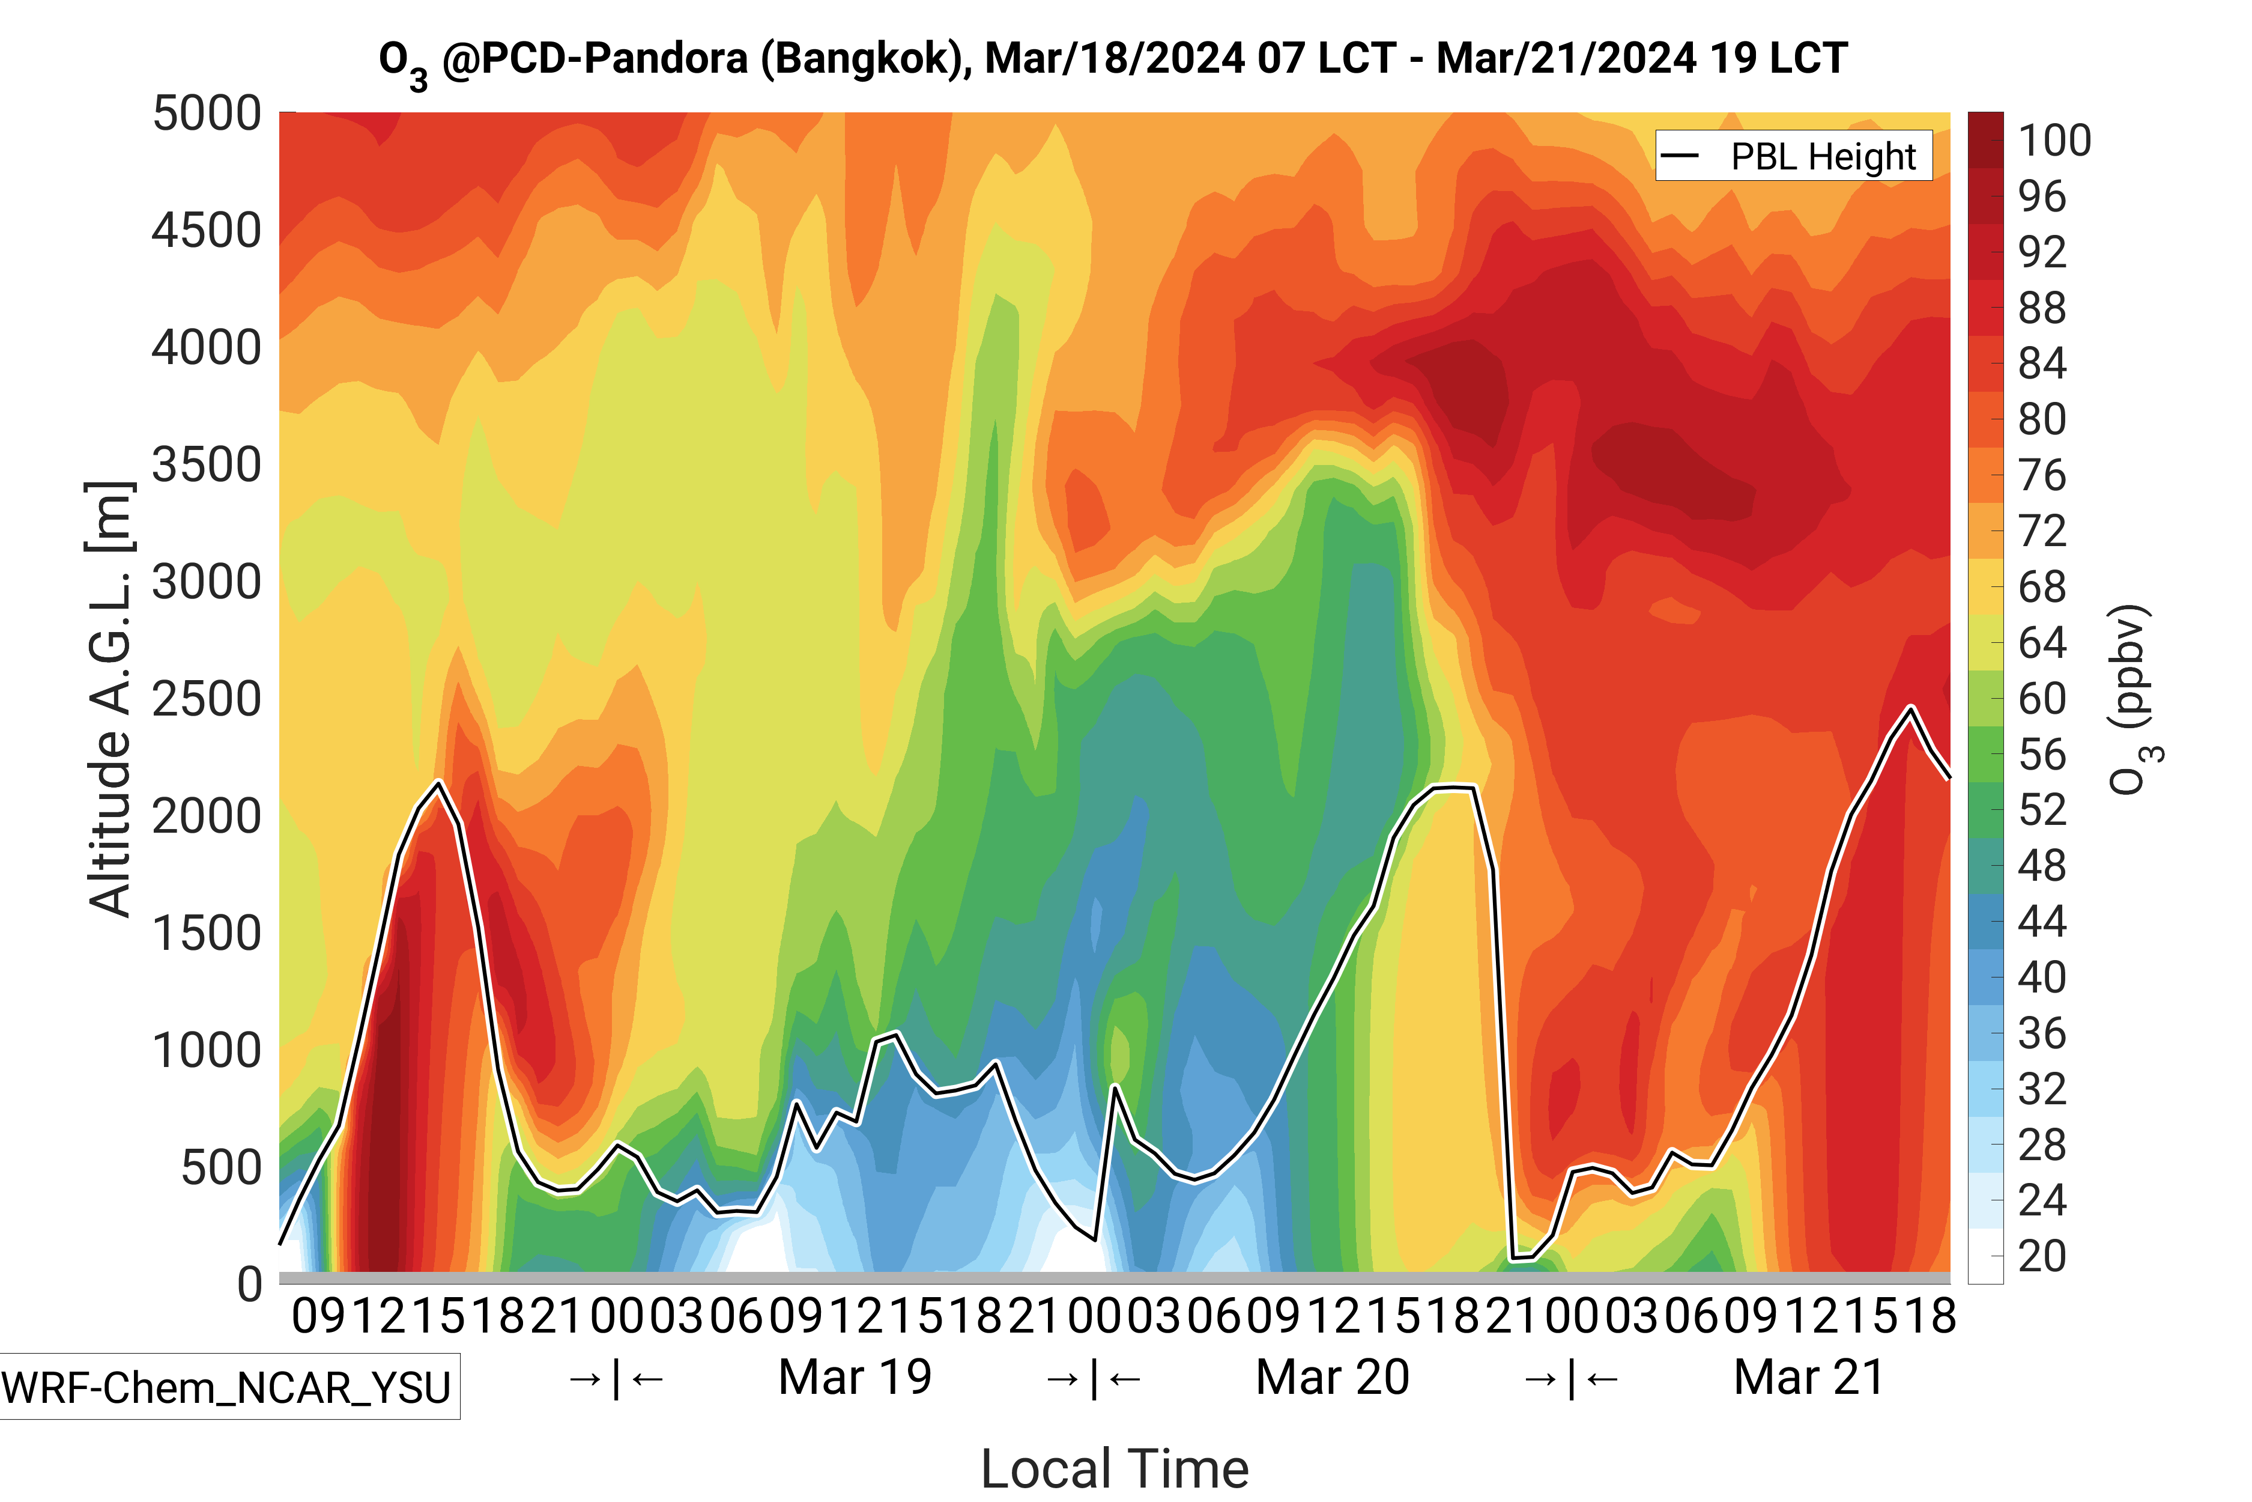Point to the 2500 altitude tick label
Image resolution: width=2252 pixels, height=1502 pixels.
[207, 699]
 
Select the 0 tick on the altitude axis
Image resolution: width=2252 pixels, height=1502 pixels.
[250, 1283]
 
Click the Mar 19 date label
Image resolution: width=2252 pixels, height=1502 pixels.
[855, 1378]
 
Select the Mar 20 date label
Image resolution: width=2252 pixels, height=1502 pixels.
[1332, 1378]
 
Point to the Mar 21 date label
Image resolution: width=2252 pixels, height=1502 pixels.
[1809, 1378]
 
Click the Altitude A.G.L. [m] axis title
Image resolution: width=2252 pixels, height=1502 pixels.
[109, 699]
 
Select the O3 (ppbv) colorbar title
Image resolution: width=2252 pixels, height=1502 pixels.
[2133, 699]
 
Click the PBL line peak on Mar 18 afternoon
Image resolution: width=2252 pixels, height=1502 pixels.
[438, 783]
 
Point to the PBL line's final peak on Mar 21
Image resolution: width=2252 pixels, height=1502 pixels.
[1911, 708]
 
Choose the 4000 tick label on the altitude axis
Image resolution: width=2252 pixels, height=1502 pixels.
[207, 348]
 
